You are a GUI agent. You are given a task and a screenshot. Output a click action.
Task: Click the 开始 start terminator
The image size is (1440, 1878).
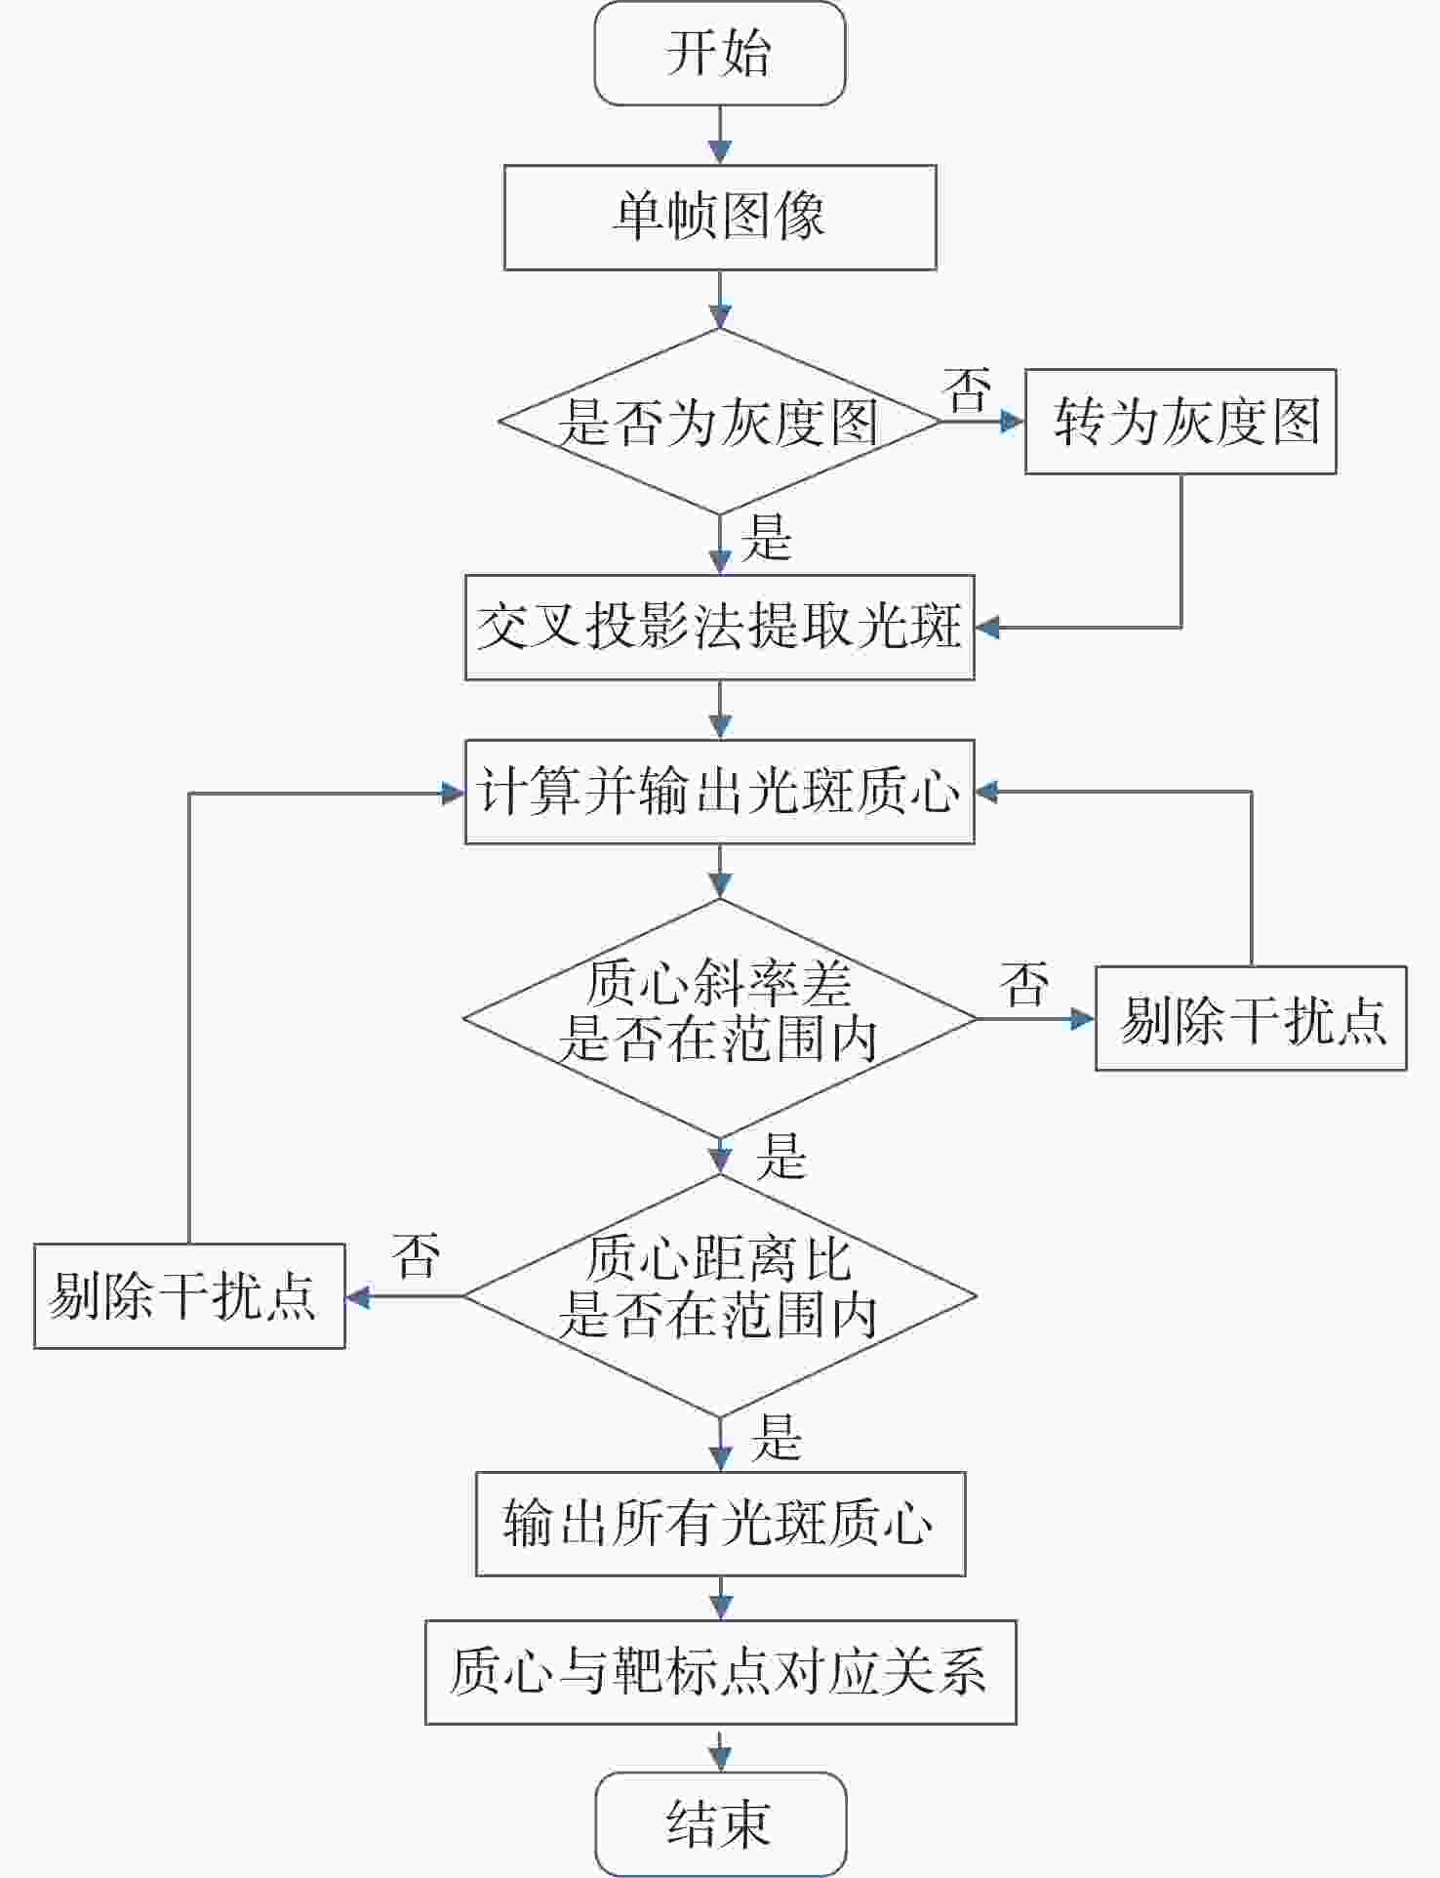(x=719, y=53)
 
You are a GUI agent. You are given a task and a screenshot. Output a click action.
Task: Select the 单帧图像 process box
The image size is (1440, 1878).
(x=719, y=217)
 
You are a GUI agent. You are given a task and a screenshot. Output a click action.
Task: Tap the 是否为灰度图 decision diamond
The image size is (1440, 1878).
(x=719, y=422)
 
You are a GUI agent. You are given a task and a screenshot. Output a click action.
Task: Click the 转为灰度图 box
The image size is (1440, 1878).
(x=1180, y=422)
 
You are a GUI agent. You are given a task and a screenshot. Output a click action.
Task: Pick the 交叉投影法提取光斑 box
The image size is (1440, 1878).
(x=719, y=627)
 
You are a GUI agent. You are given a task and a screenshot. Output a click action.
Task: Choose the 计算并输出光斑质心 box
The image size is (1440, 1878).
(x=719, y=791)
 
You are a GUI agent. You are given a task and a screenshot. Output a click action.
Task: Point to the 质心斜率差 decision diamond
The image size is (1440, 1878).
(x=719, y=1018)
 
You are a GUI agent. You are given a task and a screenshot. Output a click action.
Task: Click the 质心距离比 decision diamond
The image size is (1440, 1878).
(x=719, y=1295)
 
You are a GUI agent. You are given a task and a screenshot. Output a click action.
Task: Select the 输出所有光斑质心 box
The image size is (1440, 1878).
(x=719, y=1524)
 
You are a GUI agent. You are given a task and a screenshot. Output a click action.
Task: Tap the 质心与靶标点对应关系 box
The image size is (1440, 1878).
(x=719, y=1672)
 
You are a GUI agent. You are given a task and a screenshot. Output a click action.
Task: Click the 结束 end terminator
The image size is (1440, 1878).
(x=719, y=1823)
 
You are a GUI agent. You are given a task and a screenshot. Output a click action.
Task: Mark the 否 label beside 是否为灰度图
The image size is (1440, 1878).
(x=968, y=389)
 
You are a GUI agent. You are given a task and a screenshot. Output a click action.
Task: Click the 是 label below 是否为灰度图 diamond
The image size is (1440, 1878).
(x=766, y=539)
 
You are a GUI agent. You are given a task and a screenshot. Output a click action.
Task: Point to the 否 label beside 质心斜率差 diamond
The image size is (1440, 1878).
(x=1024, y=984)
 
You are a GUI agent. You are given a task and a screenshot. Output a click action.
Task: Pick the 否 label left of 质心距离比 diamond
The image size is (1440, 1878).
(x=417, y=1256)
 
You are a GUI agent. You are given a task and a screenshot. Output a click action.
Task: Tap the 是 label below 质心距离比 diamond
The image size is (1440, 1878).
(x=777, y=1438)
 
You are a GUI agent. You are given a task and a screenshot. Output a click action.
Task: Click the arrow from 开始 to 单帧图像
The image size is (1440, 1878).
(x=719, y=136)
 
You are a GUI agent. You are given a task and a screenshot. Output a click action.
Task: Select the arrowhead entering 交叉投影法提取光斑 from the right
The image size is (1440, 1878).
(x=987, y=627)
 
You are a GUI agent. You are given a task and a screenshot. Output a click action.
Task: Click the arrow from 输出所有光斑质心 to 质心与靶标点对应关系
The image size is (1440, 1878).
(x=719, y=1599)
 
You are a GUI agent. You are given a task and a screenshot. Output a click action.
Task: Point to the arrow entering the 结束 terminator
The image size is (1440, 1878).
(x=719, y=1750)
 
